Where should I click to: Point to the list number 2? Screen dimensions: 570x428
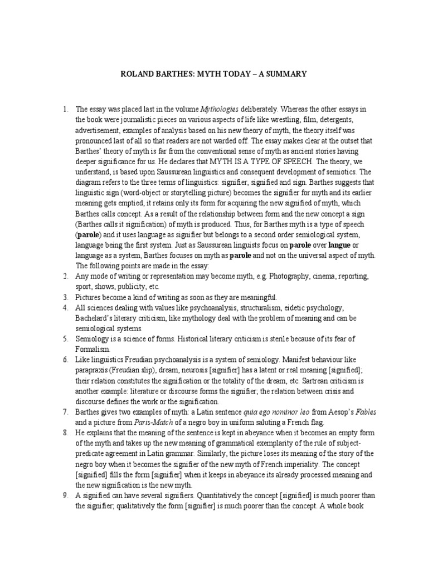[65, 276]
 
